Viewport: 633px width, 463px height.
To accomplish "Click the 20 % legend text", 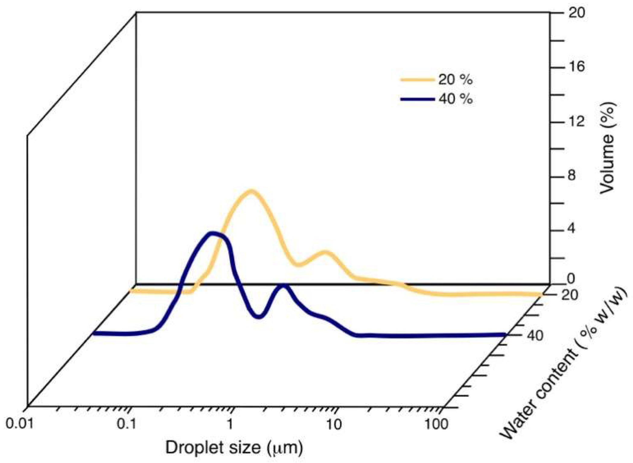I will click(x=455, y=80).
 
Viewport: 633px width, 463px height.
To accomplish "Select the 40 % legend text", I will click(x=455, y=99).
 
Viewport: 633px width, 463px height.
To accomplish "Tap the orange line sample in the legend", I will click(x=417, y=80).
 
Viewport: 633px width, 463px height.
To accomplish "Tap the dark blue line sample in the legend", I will click(x=417, y=99).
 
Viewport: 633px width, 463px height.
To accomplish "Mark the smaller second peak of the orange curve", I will click(x=324, y=252).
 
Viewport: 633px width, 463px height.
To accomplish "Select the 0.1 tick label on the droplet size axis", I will click(x=127, y=424).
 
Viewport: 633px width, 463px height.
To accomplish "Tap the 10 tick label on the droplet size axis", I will click(x=334, y=424).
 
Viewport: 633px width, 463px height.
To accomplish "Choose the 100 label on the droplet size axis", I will click(x=436, y=424).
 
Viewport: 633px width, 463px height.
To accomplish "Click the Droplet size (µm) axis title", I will click(x=234, y=447).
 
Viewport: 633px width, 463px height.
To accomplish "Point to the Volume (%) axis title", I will click(x=607, y=148).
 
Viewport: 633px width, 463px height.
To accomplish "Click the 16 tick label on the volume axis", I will click(x=576, y=67).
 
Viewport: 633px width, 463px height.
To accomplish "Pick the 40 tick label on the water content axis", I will click(x=535, y=335).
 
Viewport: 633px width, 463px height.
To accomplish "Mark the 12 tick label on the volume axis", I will click(x=576, y=122).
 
